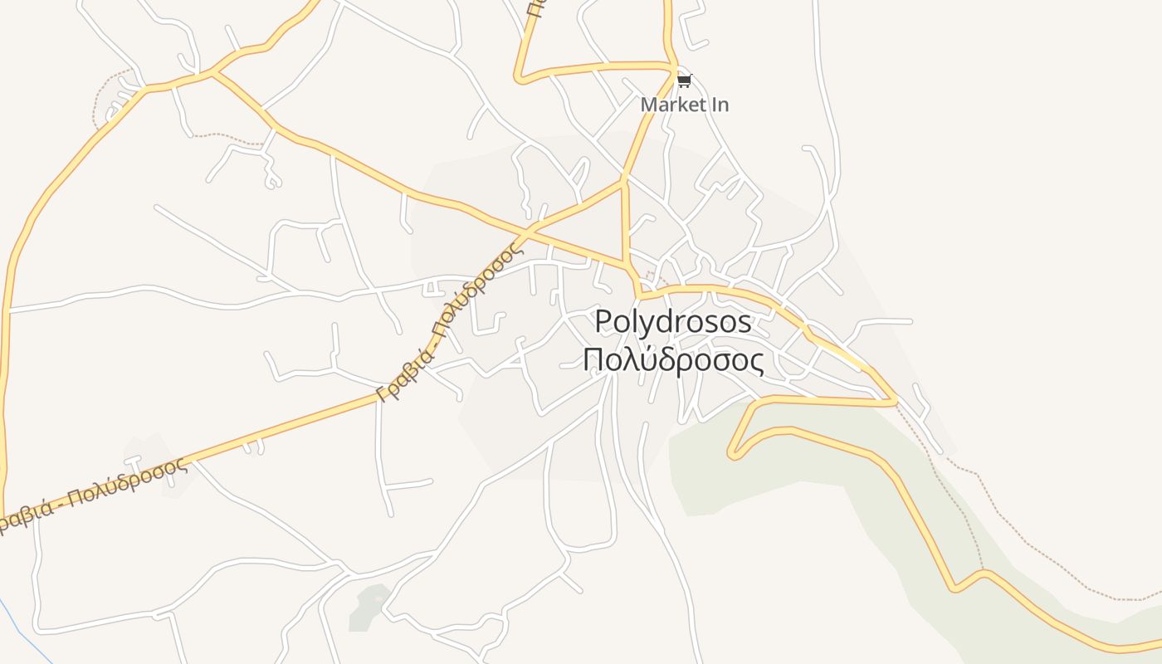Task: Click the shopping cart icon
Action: pos(684,81)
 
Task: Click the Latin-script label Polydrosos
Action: pos(673,322)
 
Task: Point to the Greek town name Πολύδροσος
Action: pos(673,361)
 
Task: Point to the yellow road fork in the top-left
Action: pos(213,73)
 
